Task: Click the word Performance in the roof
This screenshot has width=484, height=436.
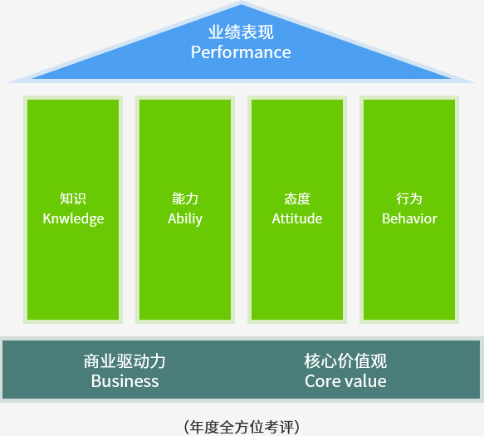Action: (241, 52)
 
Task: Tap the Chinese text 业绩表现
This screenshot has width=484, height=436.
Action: (241, 32)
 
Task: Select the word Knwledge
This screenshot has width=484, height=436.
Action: (73, 219)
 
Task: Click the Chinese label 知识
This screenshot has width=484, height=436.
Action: (73, 198)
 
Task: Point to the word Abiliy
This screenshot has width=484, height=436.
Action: (185, 219)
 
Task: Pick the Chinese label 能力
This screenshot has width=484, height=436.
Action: (185, 198)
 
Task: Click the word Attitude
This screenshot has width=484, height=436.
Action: (297, 218)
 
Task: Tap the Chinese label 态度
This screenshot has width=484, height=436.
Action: (297, 198)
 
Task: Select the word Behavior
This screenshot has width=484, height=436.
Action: (409, 218)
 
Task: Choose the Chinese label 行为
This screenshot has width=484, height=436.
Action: (409, 198)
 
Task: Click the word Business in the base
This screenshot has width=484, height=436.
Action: (125, 381)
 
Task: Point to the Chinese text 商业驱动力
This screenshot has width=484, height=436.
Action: (125, 361)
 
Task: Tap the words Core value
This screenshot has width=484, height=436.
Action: (345, 381)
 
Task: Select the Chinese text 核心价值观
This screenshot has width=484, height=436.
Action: (345, 361)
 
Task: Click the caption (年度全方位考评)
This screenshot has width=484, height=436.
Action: (242, 428)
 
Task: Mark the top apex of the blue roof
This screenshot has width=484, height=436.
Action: (242, 2)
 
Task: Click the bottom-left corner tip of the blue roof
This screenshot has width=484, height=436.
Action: (9, 82)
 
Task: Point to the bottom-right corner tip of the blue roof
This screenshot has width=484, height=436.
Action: (474, 82)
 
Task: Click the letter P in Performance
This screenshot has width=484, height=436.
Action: (196, 52)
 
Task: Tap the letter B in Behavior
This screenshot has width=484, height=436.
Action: (387, 218)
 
